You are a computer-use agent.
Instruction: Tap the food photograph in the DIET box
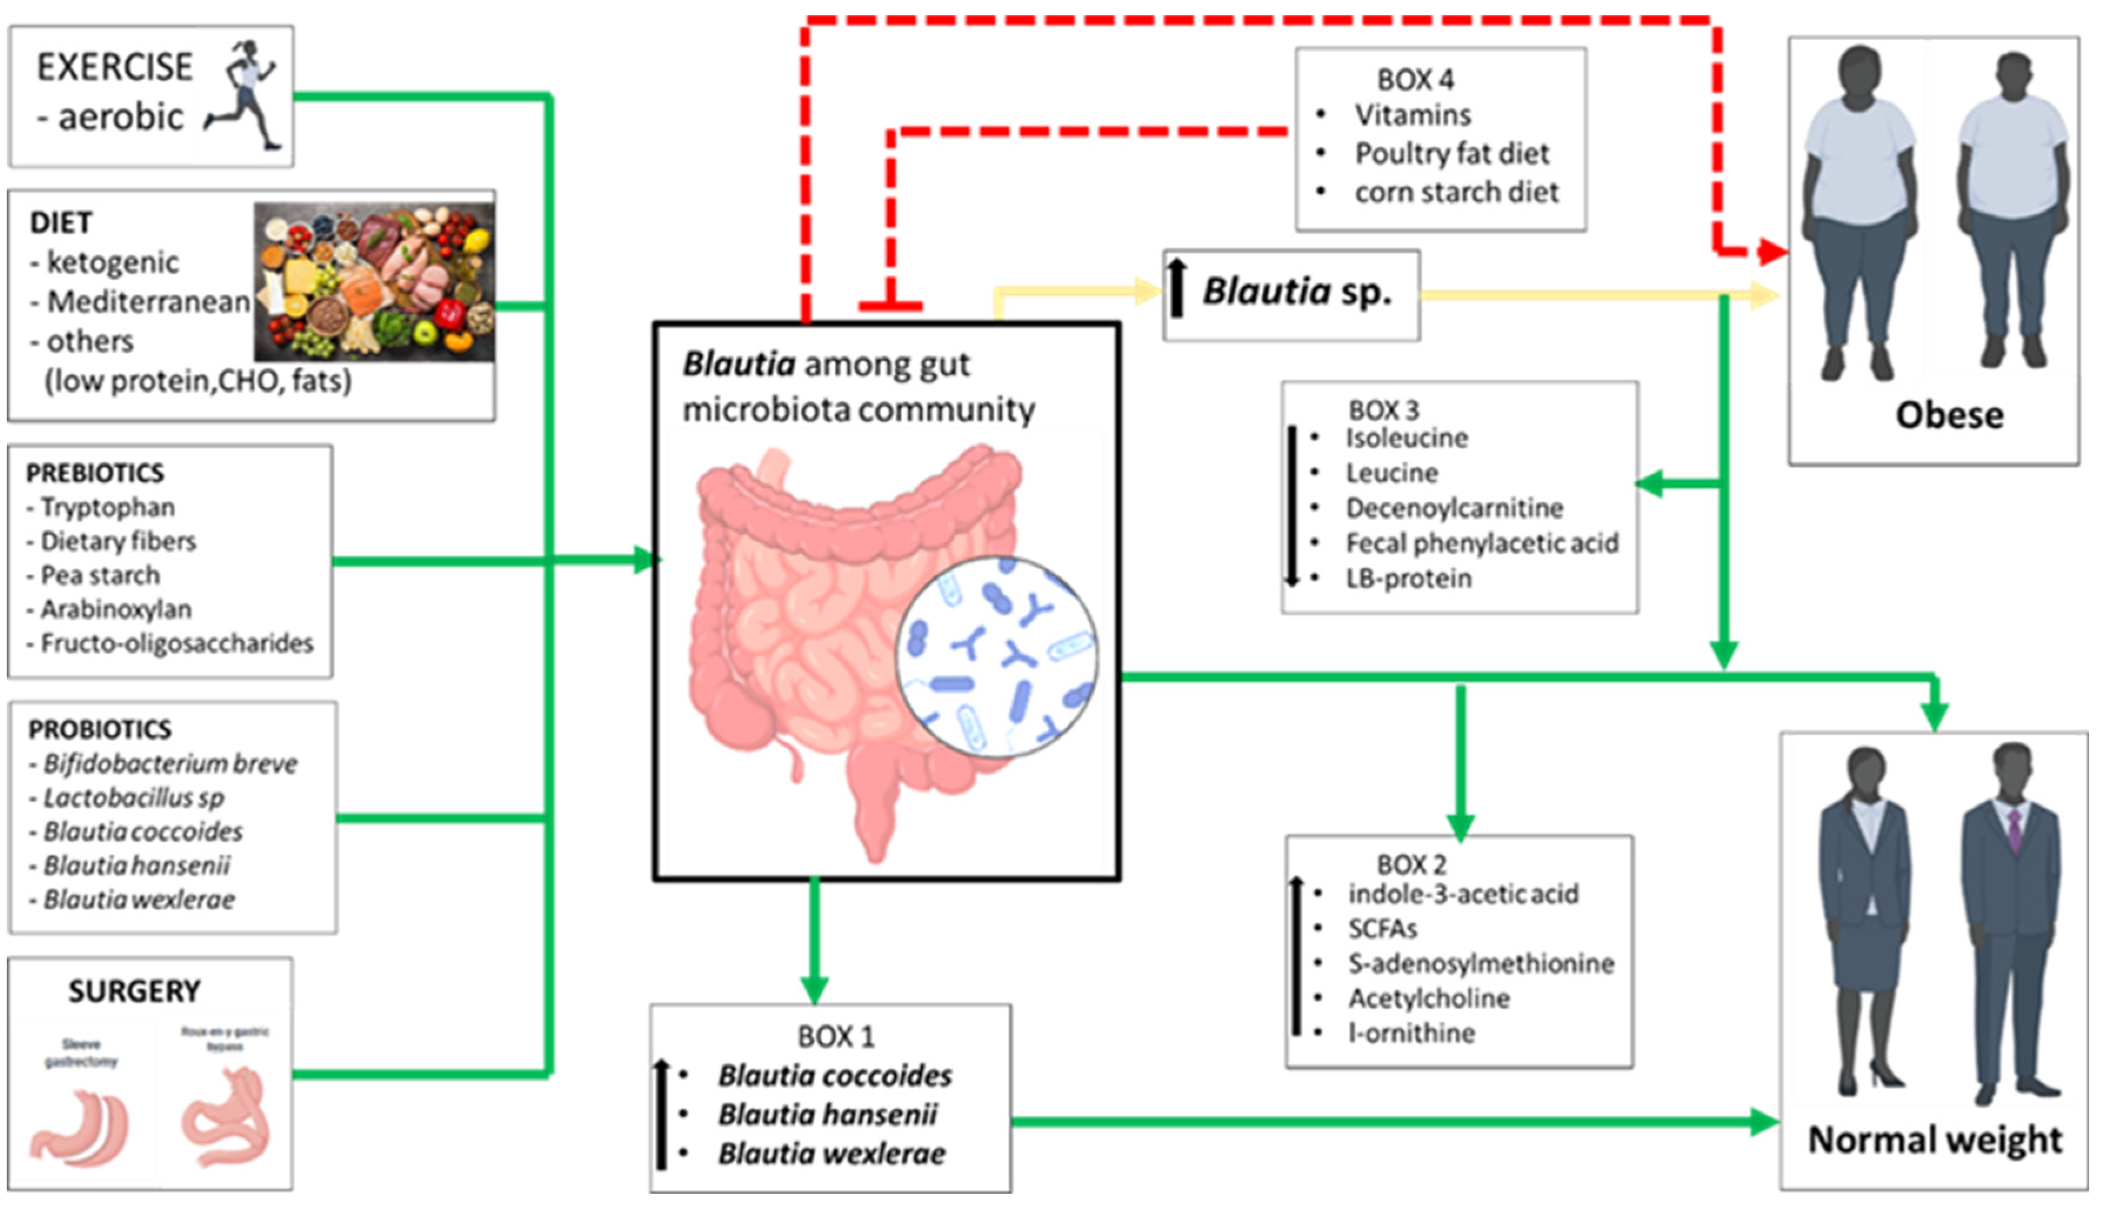coord(374,282)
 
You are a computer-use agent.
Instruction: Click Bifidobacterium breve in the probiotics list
coord(170,763)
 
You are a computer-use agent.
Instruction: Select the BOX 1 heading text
coord(836,1037)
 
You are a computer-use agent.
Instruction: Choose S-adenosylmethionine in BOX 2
coord(1481,963)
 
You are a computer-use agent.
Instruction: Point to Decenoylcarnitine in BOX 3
coord(1454,507)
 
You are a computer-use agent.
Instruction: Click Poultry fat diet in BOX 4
coord(1451,153)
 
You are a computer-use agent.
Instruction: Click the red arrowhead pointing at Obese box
coord(1771,250)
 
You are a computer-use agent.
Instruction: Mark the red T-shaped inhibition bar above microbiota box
coord(890,306)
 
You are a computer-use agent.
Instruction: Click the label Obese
coord(1949,415)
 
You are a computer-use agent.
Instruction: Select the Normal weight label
coord(1934,1139)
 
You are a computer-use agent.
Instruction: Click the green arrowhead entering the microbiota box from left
coord(645,560)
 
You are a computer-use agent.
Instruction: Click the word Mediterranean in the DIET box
coord(148,302)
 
